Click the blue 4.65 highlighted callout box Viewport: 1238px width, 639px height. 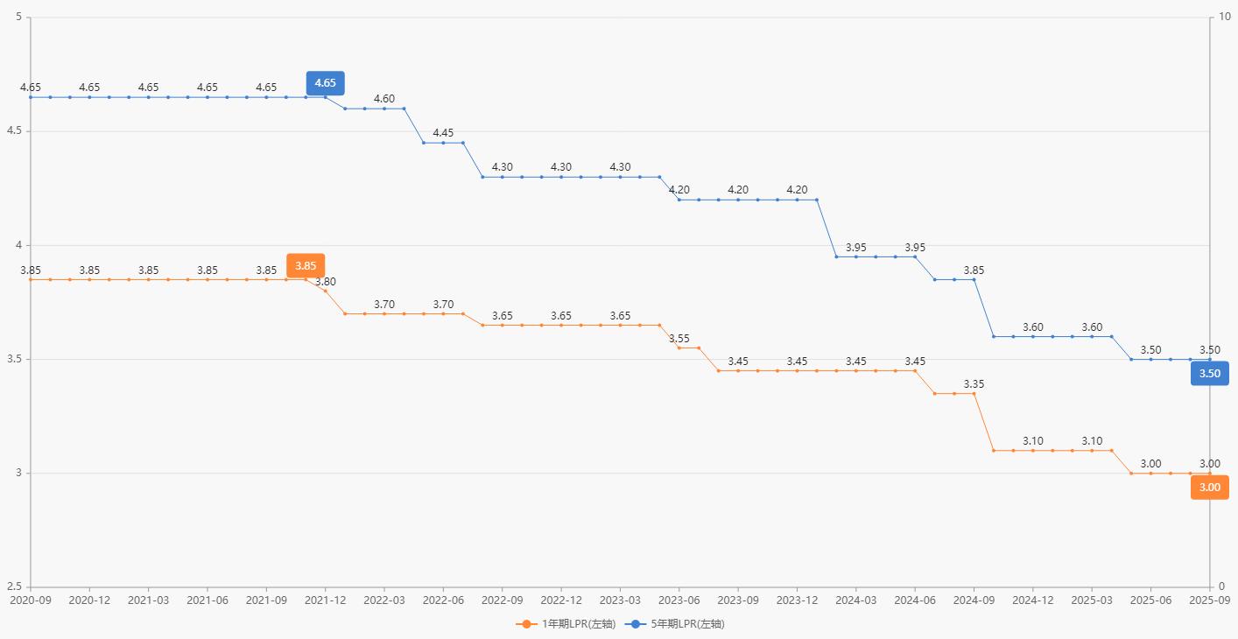[x=325, y=83]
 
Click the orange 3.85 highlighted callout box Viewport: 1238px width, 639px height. [x=306, y=265]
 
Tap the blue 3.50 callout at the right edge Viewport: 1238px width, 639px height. [x=1209, y=374]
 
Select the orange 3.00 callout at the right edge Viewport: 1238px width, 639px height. [x=1209, y=488]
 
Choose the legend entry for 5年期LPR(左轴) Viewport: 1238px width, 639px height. [x=674, y=624]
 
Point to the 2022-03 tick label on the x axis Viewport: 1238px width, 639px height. [x=384, y=600]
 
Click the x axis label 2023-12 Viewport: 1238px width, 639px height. [x=797, y=600]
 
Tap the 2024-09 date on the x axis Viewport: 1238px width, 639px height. [x=974, y=600]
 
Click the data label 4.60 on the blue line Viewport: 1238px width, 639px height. [x=384, y=99]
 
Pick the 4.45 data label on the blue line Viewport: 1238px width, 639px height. [x=443, y=133]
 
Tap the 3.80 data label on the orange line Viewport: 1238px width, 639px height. [x=326, y=282]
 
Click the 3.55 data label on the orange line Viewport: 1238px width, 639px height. [x=679, y=339]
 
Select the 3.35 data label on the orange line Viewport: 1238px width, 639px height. [x=974, y=384]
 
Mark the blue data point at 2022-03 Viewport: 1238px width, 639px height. [x=384, y=109]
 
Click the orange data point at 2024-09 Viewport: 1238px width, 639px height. [x=974, y=394]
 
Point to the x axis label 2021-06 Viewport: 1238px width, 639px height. [x=208, y=600]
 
